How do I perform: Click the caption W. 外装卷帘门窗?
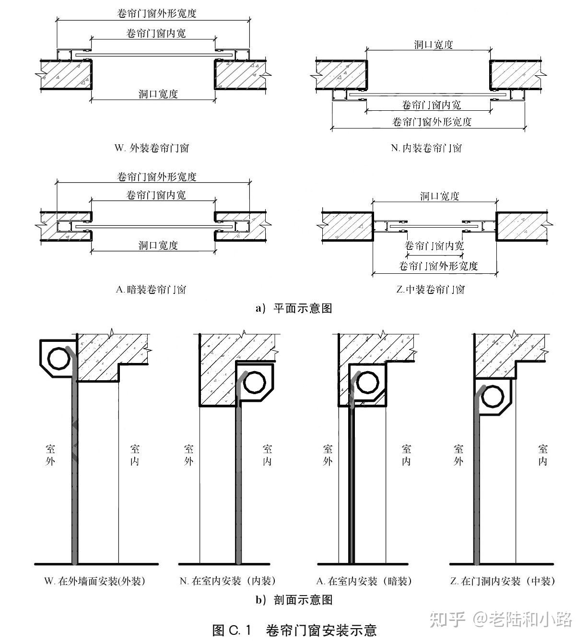coord(152,148)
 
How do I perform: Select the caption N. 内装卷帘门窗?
coord(426,148)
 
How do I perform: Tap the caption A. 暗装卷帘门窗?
coord(151,290)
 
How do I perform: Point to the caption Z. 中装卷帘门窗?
coord(431,290)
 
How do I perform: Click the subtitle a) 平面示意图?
coord(293,308)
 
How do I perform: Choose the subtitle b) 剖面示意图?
coord(293,600)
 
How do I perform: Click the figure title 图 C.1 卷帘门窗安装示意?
coord(294,630)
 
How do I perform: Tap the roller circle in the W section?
coord(59,357)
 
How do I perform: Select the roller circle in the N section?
coord(254,382)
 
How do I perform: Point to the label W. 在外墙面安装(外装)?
coord(94,582)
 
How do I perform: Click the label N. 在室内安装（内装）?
coord(228,582)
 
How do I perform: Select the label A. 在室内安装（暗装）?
coord(364,582)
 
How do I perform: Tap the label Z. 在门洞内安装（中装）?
coord(503,582)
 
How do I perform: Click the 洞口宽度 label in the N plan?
coord(434,45)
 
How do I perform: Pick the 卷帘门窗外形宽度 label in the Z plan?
coord(438,266)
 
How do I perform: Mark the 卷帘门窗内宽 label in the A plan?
coord(156,195)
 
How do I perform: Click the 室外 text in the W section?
coord(50,455)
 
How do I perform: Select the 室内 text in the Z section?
coord(543,455)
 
